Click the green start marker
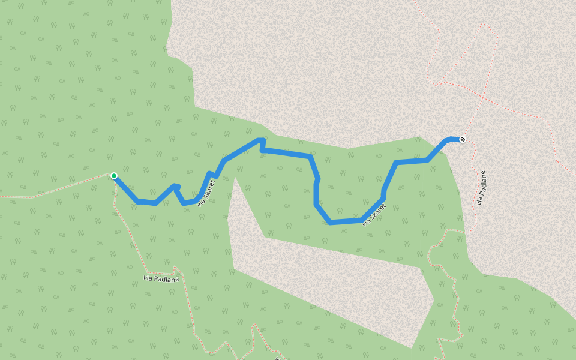[x=113, y=176]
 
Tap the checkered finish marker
[x=462, y=140]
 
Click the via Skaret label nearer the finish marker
[x=373, y=214]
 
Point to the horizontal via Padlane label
[x=161, y=278]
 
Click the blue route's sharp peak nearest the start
[x=175, y=186]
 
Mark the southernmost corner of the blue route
[x=331, y=223]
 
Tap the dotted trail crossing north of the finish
[x=482, y=96]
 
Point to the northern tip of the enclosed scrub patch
[x=236, y=178]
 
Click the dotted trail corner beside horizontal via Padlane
[x=174, y=267]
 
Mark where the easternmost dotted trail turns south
[x=547, y=118]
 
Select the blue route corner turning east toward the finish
[x=397, y=163]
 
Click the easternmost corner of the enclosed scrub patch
[x=433, y=298]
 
